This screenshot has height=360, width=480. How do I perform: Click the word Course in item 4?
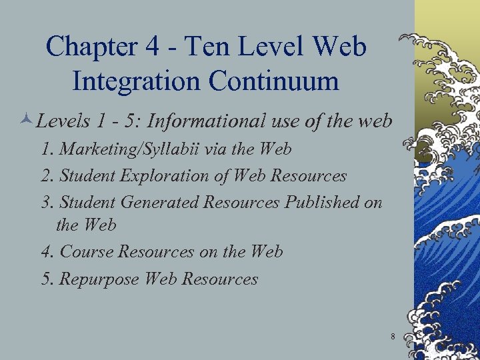tap(86, 252)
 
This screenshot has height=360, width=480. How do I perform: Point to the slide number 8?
tap(393, 337)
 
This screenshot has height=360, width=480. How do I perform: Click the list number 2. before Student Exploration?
tap(47, 176)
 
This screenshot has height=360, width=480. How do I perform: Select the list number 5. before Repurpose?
tap(47, 279)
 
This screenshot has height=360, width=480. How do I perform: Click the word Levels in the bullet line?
tap(62, 121)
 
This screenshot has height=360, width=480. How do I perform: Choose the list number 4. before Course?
tap(47, 252)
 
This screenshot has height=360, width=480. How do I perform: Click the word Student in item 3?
tap(87, 202)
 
